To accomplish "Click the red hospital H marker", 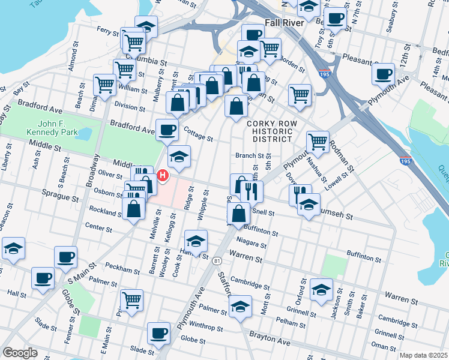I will [162, 175].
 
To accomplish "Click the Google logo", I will [20, 352].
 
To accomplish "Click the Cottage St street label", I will [198, 134].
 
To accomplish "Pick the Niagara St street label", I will [251, 241].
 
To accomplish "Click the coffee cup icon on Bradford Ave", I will [167, 129].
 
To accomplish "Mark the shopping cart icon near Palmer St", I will [131, 299].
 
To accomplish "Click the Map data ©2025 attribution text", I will [423, 355].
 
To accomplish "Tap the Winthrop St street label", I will [206, 329].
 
